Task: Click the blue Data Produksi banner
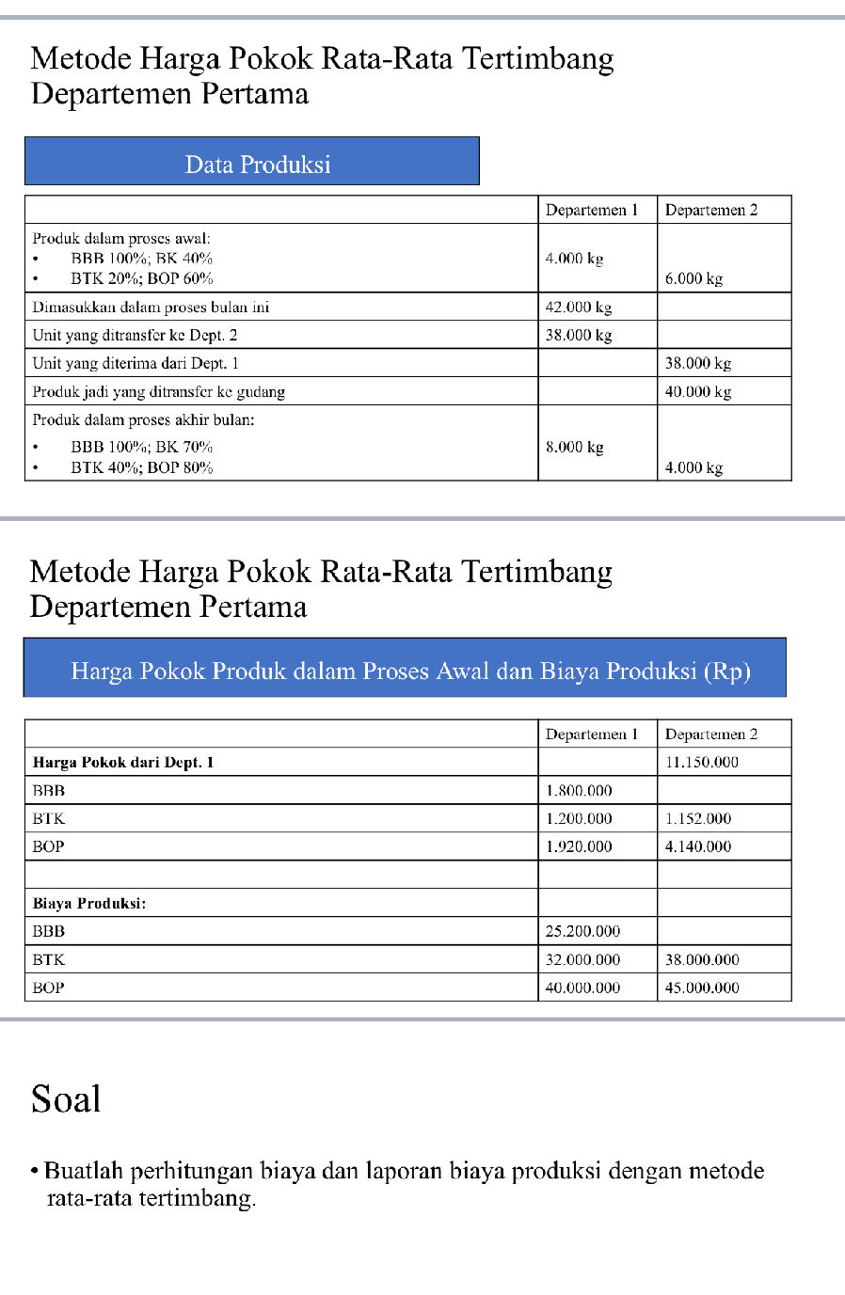(x=252, y=162)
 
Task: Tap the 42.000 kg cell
(x=578, y=307)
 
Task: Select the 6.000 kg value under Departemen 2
(x=694, y=278)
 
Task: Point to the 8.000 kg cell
(x=574, y=447)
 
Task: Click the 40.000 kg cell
(x=697, y=391)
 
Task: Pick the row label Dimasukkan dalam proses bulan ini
(x=151, y=307)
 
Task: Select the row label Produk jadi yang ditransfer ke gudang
(x=158, y=391)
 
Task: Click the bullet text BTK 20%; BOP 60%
(x=141, y=278)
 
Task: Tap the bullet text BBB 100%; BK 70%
(x=141, y=447)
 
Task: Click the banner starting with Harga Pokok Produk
(x=405, y=669)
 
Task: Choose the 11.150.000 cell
(x=701, y=762)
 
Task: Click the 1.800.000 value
(x=579, y=790)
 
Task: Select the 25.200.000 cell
(x=582, y=931)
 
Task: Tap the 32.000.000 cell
(x=582, y=959)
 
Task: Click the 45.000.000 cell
(x=702, y=987)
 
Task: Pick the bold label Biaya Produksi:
(x=88, y=903)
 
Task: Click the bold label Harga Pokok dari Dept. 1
(x=122, y=762)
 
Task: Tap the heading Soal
(x=65, y=1098)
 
